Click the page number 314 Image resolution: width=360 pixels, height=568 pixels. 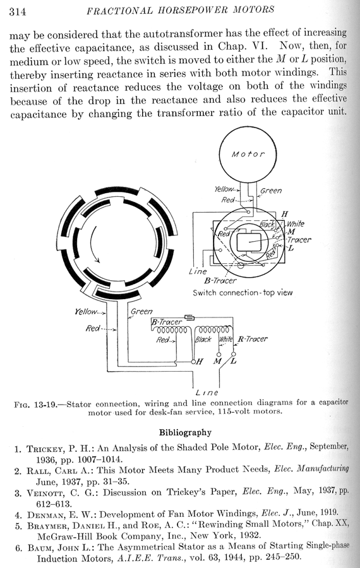(18, 11)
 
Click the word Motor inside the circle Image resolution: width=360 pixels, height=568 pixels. (248, 154)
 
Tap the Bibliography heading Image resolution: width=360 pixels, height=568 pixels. (185, 432)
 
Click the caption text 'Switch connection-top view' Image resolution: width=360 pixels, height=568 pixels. (243, 293)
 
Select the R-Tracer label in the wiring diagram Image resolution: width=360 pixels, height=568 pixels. (253, 339)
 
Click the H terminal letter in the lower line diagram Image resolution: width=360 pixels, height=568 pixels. (200, 362)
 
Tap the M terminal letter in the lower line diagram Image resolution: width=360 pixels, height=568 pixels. (217, 361)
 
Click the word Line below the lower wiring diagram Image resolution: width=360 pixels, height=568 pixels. (207, 393)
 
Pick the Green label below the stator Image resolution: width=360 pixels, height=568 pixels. (141, 311)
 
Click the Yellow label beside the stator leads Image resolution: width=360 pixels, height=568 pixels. (86, 311)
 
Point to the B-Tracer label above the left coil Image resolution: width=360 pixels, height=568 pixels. (166, 322)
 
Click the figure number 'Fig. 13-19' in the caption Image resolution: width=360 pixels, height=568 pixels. (35, 405)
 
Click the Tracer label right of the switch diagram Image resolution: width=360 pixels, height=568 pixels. (299, 240)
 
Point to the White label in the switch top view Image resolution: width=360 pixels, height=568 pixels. (296, 224)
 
